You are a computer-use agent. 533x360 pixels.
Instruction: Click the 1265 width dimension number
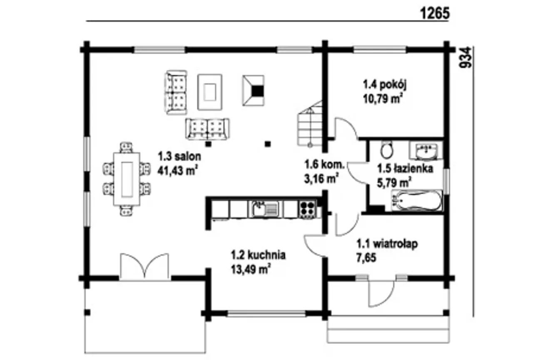coord(435,13)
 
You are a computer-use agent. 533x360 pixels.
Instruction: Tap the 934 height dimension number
coord(465,57)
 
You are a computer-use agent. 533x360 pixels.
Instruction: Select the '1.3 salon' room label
coord(179,157)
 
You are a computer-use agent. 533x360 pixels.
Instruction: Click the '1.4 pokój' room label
coord(385,85)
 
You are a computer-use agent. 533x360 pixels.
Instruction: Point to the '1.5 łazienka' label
coord(405,169)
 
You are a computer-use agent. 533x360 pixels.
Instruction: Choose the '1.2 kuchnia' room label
coord(259,255)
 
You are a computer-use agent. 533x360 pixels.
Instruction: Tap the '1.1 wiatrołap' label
coord(387,244)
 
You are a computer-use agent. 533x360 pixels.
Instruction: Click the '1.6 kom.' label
coord(324,164)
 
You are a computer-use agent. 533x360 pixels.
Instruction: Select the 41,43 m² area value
coord(177,171)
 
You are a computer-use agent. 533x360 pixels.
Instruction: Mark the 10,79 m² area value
coord(383,99)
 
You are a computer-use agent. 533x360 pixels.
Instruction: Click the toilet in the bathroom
coord(387,150)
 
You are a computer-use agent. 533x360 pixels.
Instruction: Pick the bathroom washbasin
coord(426,151)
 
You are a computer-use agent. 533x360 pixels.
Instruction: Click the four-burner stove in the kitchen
coord(307,209)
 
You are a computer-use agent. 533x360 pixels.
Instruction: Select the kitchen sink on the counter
coord(264,209)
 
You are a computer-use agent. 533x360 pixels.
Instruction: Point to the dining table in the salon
coord(127,179)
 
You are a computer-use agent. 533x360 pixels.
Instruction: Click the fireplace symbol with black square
coord(253,90)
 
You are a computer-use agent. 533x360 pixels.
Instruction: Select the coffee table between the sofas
coord(209,92)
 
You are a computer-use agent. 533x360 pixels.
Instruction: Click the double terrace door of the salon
coord(144,267)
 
